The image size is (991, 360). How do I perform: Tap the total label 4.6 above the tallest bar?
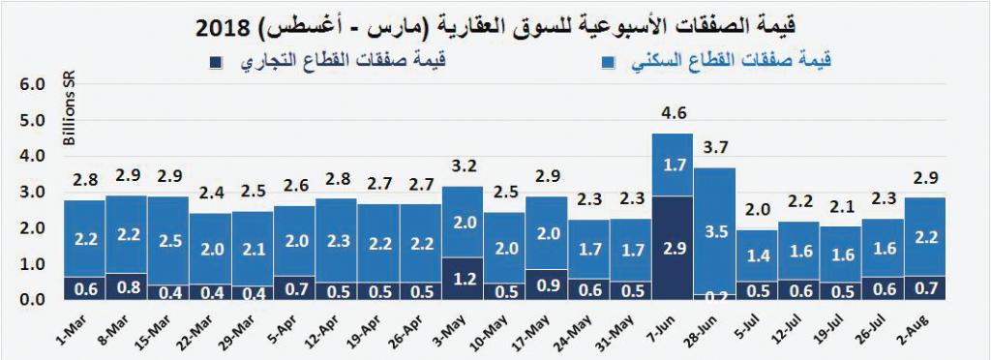point(673,114)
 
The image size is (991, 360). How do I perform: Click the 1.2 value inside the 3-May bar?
point(463,277)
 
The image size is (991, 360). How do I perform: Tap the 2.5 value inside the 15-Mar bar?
point(168,240)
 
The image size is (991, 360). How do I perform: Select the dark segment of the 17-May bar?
point(547,285)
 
